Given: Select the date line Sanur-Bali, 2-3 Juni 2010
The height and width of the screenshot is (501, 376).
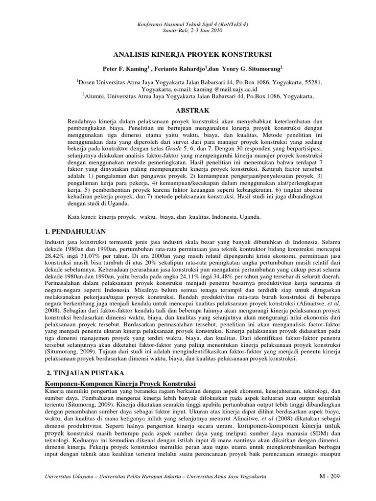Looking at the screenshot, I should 188,30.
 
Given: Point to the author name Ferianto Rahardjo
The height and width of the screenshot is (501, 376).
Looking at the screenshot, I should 179,69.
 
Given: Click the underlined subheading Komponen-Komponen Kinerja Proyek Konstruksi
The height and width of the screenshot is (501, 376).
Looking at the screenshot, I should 120,383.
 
